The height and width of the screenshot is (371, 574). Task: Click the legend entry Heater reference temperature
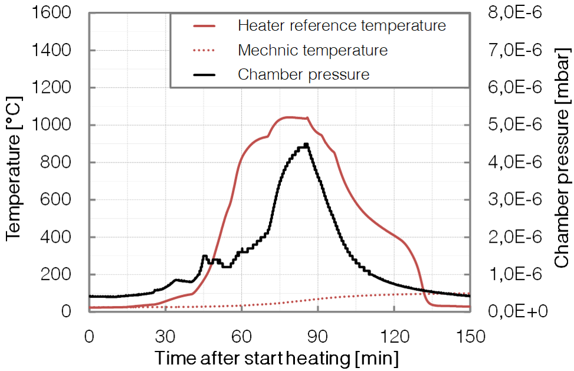coord(342,26)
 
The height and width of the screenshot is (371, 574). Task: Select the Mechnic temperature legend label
coord(313,50)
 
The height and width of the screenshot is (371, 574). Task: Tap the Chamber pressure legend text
coord(303,75)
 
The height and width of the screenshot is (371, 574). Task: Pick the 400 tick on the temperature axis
coord(61,237)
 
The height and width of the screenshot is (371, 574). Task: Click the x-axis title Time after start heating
coord(277,357)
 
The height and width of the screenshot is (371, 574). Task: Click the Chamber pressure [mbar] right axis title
coord(561,162)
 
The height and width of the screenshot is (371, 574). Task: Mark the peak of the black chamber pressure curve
coord(306,144)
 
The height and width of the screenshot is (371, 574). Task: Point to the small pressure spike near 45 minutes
coord(204,256)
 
